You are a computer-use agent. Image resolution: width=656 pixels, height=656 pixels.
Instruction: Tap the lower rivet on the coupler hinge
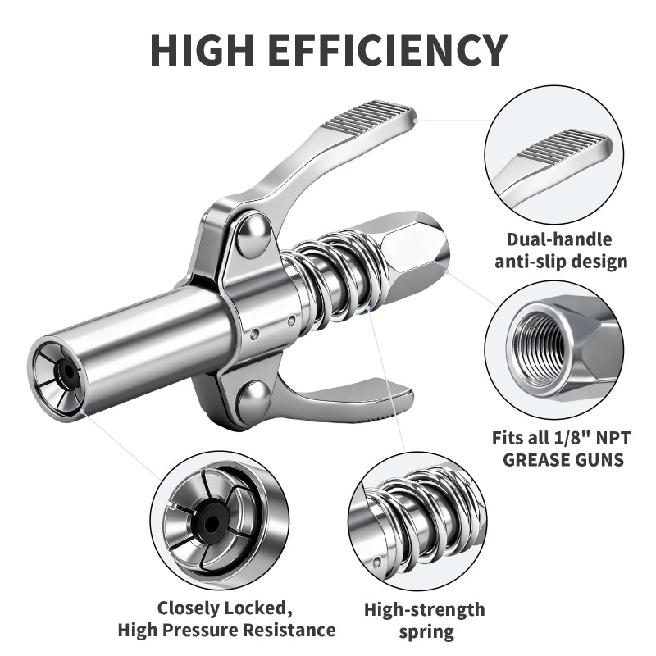[x=257, y=401]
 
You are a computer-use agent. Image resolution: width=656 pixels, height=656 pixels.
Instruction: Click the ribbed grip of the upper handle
[x=369, y=119]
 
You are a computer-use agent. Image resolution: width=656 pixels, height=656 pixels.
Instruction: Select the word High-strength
[x=424, y=609]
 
